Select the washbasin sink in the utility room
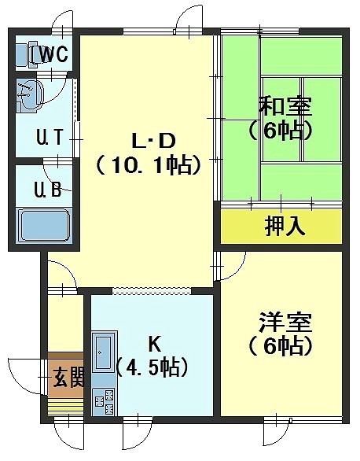(x=29, y=96)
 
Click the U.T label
(x=50, y=137)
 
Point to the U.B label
(x=48, y=190)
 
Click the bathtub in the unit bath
(x=44, y=225)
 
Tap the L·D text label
(x=153, y=142)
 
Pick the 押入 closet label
(x=285, y=226)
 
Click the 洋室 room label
(x=285, y=323)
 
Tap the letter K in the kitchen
(x=154, y=345)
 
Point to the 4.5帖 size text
(x=152, y=367)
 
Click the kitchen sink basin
(x=103, y=352)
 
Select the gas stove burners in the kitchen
(x=105, y=401)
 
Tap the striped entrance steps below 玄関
(x=66, y=407)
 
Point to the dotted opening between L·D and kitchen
(x=152, y=290)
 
